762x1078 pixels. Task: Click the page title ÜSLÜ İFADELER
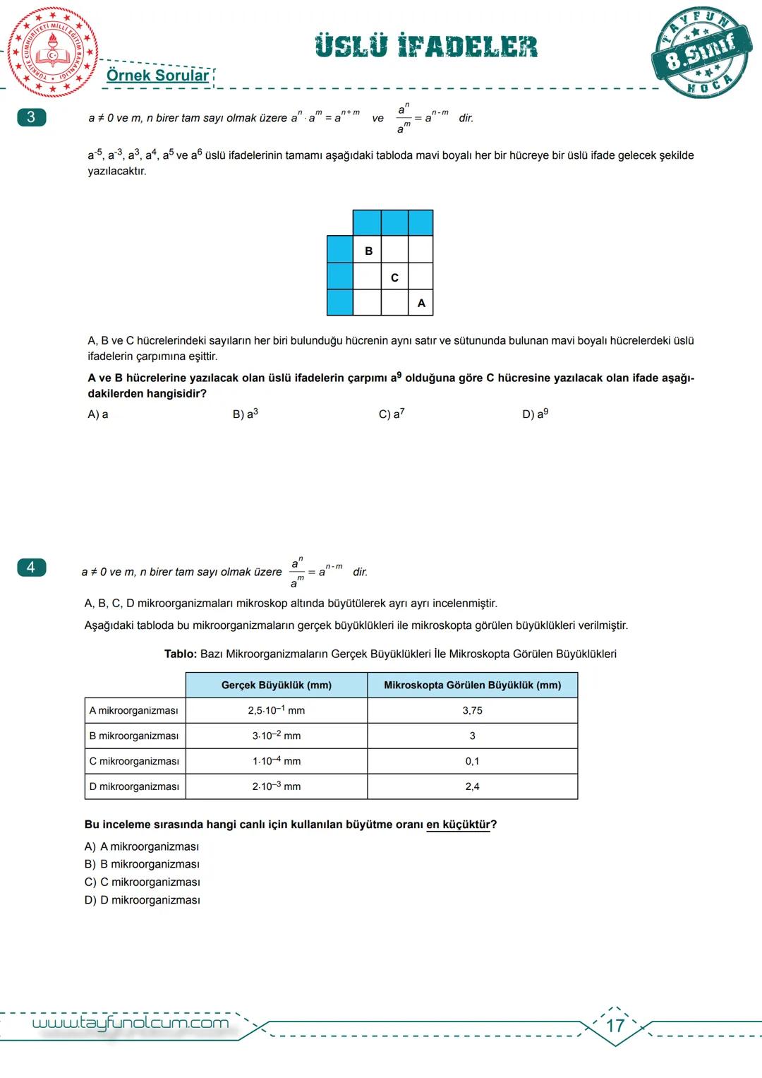[x=426, y=47]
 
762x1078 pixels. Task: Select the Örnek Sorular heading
[x=157, y=76]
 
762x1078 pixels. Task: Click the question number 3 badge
[x=31, y=117]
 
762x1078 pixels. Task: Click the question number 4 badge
[x=31, y=567]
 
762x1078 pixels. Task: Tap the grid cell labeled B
[x=368, y=251]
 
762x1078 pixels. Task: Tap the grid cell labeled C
[x=394, y=277]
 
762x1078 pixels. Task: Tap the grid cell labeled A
[x=421, y=303]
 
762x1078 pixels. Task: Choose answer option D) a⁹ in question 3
[x=535, y=414]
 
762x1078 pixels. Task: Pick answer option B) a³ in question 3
[x=245, y=414]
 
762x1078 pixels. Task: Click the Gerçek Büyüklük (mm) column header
[x=276, y=685]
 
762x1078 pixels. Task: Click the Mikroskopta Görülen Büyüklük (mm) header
[x=472, y=685]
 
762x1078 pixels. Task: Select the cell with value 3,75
[x=472, y=710]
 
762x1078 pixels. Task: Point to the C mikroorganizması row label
[x=134, y=761]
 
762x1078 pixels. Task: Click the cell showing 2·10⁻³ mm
[x=276, y=786]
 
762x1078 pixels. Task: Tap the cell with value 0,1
[x=472, y=761]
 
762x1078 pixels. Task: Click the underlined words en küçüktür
[x=458, y=825]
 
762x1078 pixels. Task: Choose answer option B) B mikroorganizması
[x=142, y=864]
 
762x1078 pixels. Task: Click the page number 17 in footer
[x=615, y=1025]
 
